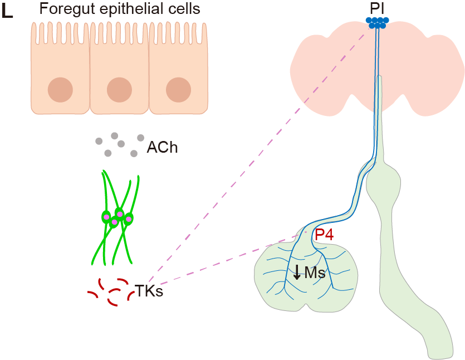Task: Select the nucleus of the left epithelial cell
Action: point(60,90)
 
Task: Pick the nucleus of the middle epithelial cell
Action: point(119,90)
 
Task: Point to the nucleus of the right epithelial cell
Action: point(178,90)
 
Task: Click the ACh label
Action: point(162,148)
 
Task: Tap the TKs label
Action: point(149,290)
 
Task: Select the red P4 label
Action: point(324,235)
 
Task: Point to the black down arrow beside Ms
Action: point(297,272)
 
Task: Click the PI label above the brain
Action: point(378,8)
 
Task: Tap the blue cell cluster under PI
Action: point(378,22)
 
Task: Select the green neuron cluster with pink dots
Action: point(117,217)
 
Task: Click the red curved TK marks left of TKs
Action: point(109,293)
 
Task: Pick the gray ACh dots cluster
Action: point(117,144)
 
